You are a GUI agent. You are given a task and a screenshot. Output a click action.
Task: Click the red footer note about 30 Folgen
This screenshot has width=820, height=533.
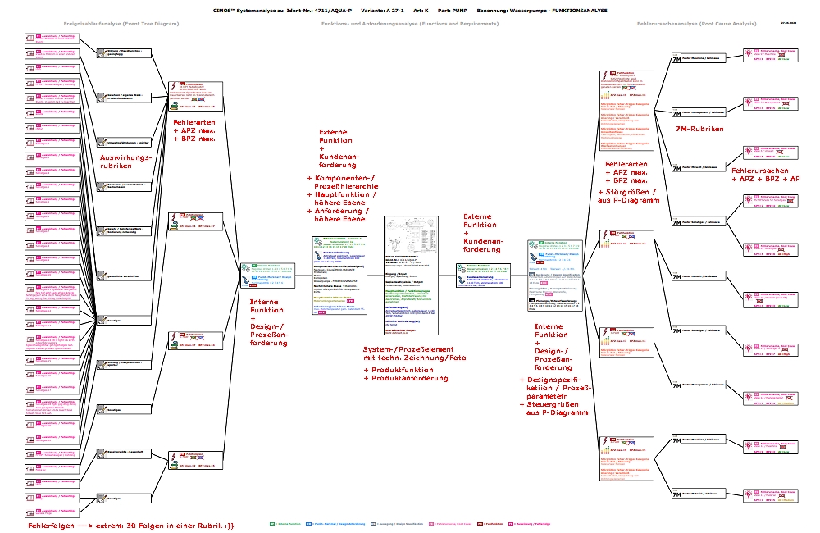click(x=119, y=525)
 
